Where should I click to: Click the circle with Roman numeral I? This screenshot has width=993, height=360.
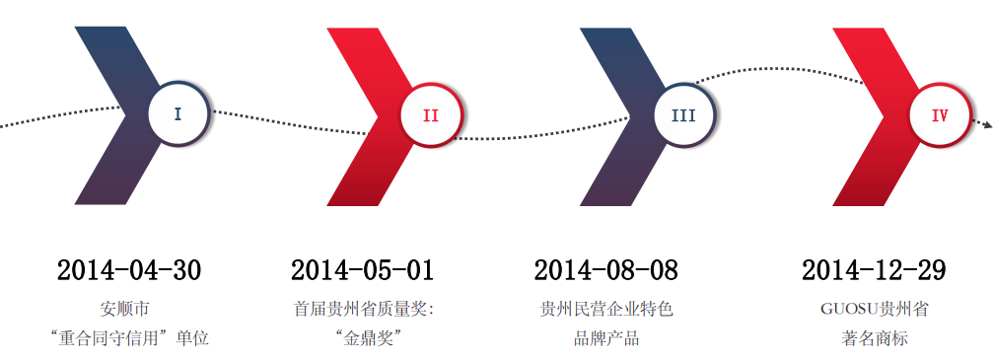point(177,114)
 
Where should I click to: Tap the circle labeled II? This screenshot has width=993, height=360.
point(430,115)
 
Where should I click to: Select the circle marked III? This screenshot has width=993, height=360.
point(683,115)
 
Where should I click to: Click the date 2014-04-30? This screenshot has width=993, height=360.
point(129,270)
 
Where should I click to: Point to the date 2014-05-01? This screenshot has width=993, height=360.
point(362,270)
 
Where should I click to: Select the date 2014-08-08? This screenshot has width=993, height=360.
point(606,270)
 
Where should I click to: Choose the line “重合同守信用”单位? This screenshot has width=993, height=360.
point(129,338)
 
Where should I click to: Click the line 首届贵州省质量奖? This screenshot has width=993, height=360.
point(364,309)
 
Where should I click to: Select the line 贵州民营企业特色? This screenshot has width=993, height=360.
point(606,309)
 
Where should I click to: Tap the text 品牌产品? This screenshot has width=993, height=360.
point(606,338)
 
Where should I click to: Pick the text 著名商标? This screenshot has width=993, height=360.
point(868,338)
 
